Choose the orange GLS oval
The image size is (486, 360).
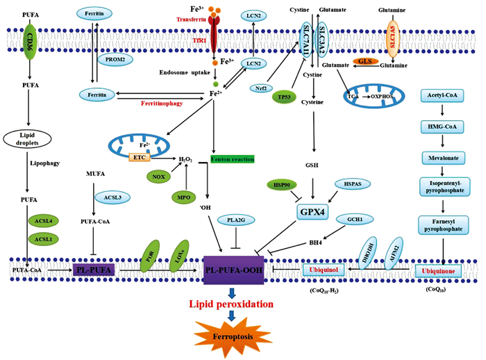click(362, 61)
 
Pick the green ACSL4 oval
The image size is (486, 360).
click(43, 221)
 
